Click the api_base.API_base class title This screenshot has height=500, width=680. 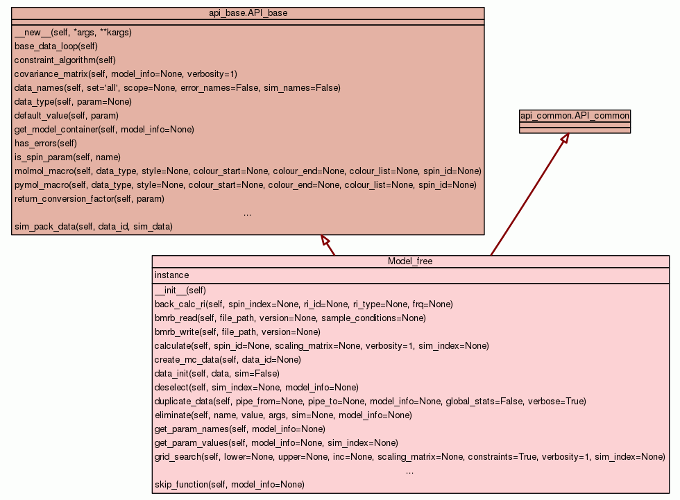[x=248, y=12]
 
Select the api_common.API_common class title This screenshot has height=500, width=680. [x=575, y=116]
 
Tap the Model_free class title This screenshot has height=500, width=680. [x=410, y=261]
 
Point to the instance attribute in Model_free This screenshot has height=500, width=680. [x=171, y=275]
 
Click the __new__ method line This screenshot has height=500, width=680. [x=73, y=33]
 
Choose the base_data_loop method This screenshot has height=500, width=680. [x=56, y=46]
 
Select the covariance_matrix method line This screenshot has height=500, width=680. [x=126, y=74]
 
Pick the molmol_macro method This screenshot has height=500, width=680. [x=248, y=171]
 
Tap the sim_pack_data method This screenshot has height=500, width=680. [x=93, y=227]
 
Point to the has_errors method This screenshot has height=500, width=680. [x=46, y=144]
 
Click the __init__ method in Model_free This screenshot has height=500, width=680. [x=180, y=291]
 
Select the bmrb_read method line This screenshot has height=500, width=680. [x=290, y=318]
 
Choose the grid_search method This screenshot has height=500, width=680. [x=409, y=457]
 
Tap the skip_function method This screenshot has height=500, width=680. [x=229, y=485]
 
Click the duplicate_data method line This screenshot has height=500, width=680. [x=370, y=402]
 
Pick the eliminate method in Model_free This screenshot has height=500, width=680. [x=283, y=415]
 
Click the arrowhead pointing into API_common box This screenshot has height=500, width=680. [x=565, y=138]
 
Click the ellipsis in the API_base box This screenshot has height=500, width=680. [x=248, y=214]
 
